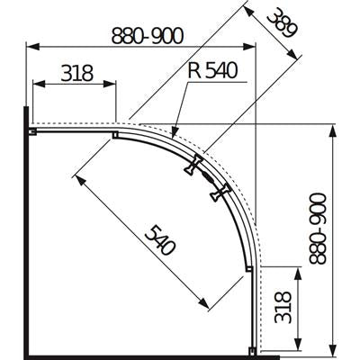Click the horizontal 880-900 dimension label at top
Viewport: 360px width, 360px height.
click(147, 36)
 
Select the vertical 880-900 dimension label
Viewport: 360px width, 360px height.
click(317, 229)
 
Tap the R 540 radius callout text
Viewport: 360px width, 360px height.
click(212, 70)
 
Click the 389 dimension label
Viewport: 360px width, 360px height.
click(282, 24)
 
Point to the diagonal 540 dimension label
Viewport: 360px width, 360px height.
click(159, 240)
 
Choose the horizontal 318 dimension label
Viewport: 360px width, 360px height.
click(76, 73)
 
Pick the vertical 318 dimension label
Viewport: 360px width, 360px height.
click(283, 307)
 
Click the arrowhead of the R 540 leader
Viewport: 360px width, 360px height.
click(175, 133)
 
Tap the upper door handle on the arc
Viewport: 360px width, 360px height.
click(193, 165)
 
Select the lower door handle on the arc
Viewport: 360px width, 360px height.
click(220, 193)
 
